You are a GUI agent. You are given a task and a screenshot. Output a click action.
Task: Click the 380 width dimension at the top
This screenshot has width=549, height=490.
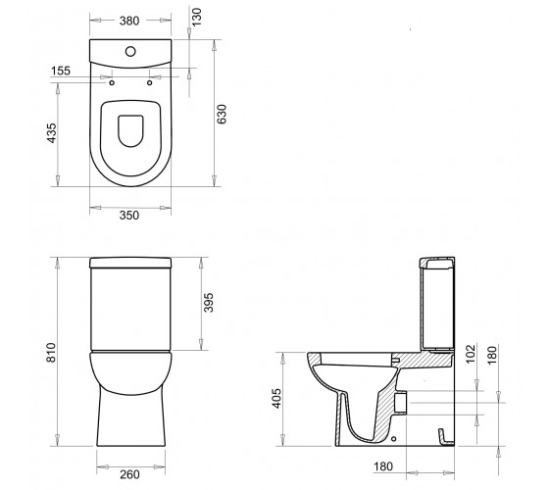point(129,21)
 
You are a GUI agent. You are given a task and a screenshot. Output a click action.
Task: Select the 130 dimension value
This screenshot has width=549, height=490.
point(197,17)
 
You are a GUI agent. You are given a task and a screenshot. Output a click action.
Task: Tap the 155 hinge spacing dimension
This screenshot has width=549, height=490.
point(61,71)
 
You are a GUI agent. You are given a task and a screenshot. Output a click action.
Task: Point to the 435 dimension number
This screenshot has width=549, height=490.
point(51,133)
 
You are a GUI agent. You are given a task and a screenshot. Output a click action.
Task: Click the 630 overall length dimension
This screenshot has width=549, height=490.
point(222,114)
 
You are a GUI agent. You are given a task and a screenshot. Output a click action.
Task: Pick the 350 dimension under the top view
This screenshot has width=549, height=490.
point(129,215)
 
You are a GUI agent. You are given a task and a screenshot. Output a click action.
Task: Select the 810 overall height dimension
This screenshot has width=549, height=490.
point(51,353)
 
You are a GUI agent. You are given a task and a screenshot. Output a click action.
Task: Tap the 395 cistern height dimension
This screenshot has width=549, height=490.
point(208,303)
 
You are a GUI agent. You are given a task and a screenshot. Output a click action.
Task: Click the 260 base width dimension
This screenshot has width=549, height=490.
point(129,474)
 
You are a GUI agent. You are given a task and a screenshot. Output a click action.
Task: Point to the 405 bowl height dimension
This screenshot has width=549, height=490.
point(276,398)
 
